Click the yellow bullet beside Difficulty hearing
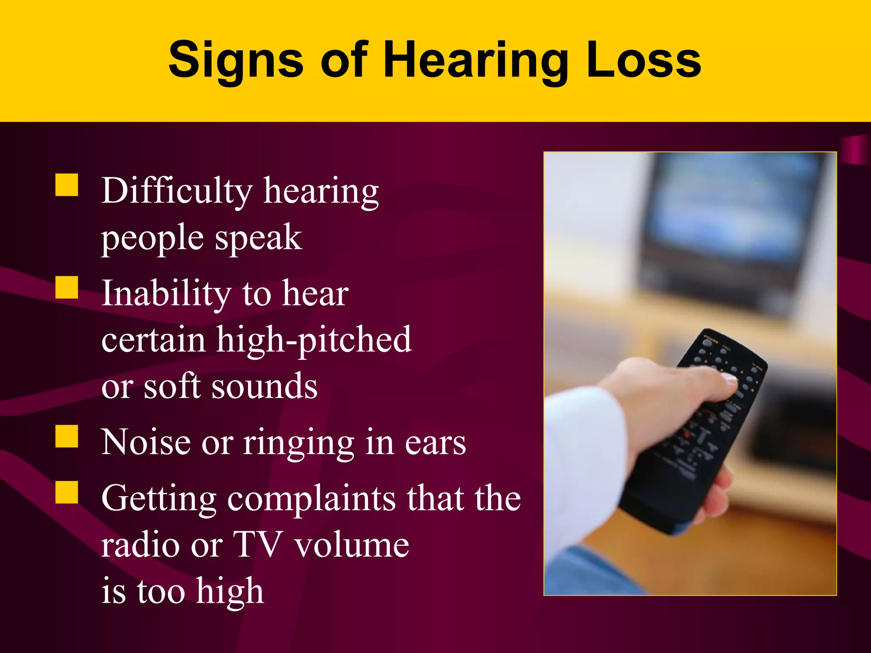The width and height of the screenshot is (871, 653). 67,185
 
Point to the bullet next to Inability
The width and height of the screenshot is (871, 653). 67,287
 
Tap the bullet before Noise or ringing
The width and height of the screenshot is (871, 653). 67,436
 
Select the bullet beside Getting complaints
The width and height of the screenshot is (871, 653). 67,492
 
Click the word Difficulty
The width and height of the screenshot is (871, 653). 177,191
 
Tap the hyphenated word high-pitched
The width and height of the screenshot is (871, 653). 314,340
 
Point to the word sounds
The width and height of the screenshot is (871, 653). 265,386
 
